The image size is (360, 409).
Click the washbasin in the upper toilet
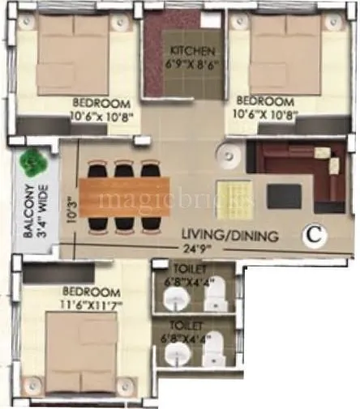[x=174, y=300]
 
